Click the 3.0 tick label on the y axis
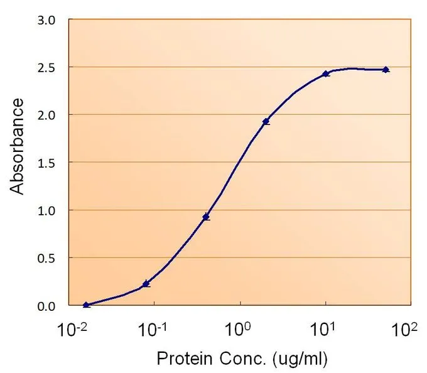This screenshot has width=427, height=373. coord(46,21)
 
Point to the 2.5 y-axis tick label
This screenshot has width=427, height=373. coord(46,68)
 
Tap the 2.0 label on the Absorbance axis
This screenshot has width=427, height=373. coord(46,116)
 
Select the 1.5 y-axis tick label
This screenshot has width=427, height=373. coord(46,163)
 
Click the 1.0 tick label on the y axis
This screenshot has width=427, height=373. coord(46,211)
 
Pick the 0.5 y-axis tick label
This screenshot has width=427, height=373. coord(46,258)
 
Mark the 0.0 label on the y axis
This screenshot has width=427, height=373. coord(46,306)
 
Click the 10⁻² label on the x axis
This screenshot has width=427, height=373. coord(72,330)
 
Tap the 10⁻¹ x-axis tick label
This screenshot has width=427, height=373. coord(153,330)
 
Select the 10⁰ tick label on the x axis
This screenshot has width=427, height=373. coord(237,330)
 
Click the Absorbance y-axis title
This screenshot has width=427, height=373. coord(16,146)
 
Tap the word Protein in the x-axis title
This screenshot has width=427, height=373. coord(185,359)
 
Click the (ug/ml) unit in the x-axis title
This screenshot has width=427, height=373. coord(300,359)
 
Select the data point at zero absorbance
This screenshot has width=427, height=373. coord(86,305)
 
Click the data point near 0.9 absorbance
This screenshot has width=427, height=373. coord(206,217)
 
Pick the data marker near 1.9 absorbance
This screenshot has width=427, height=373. coord(266,121)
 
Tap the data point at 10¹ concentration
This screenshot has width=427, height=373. coord(326,73)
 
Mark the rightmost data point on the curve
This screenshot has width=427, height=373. coord(386,70)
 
